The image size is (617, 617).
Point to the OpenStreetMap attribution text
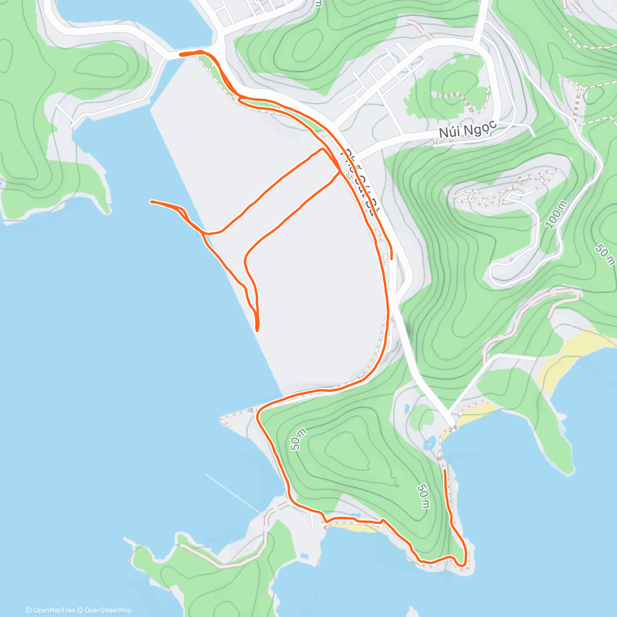point(107,610)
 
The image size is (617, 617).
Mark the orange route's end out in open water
point(151,202)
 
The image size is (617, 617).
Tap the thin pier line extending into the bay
point(234,494)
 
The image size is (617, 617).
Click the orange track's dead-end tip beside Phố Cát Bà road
point(392,258)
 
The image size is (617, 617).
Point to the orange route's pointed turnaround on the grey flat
point(257,330)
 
